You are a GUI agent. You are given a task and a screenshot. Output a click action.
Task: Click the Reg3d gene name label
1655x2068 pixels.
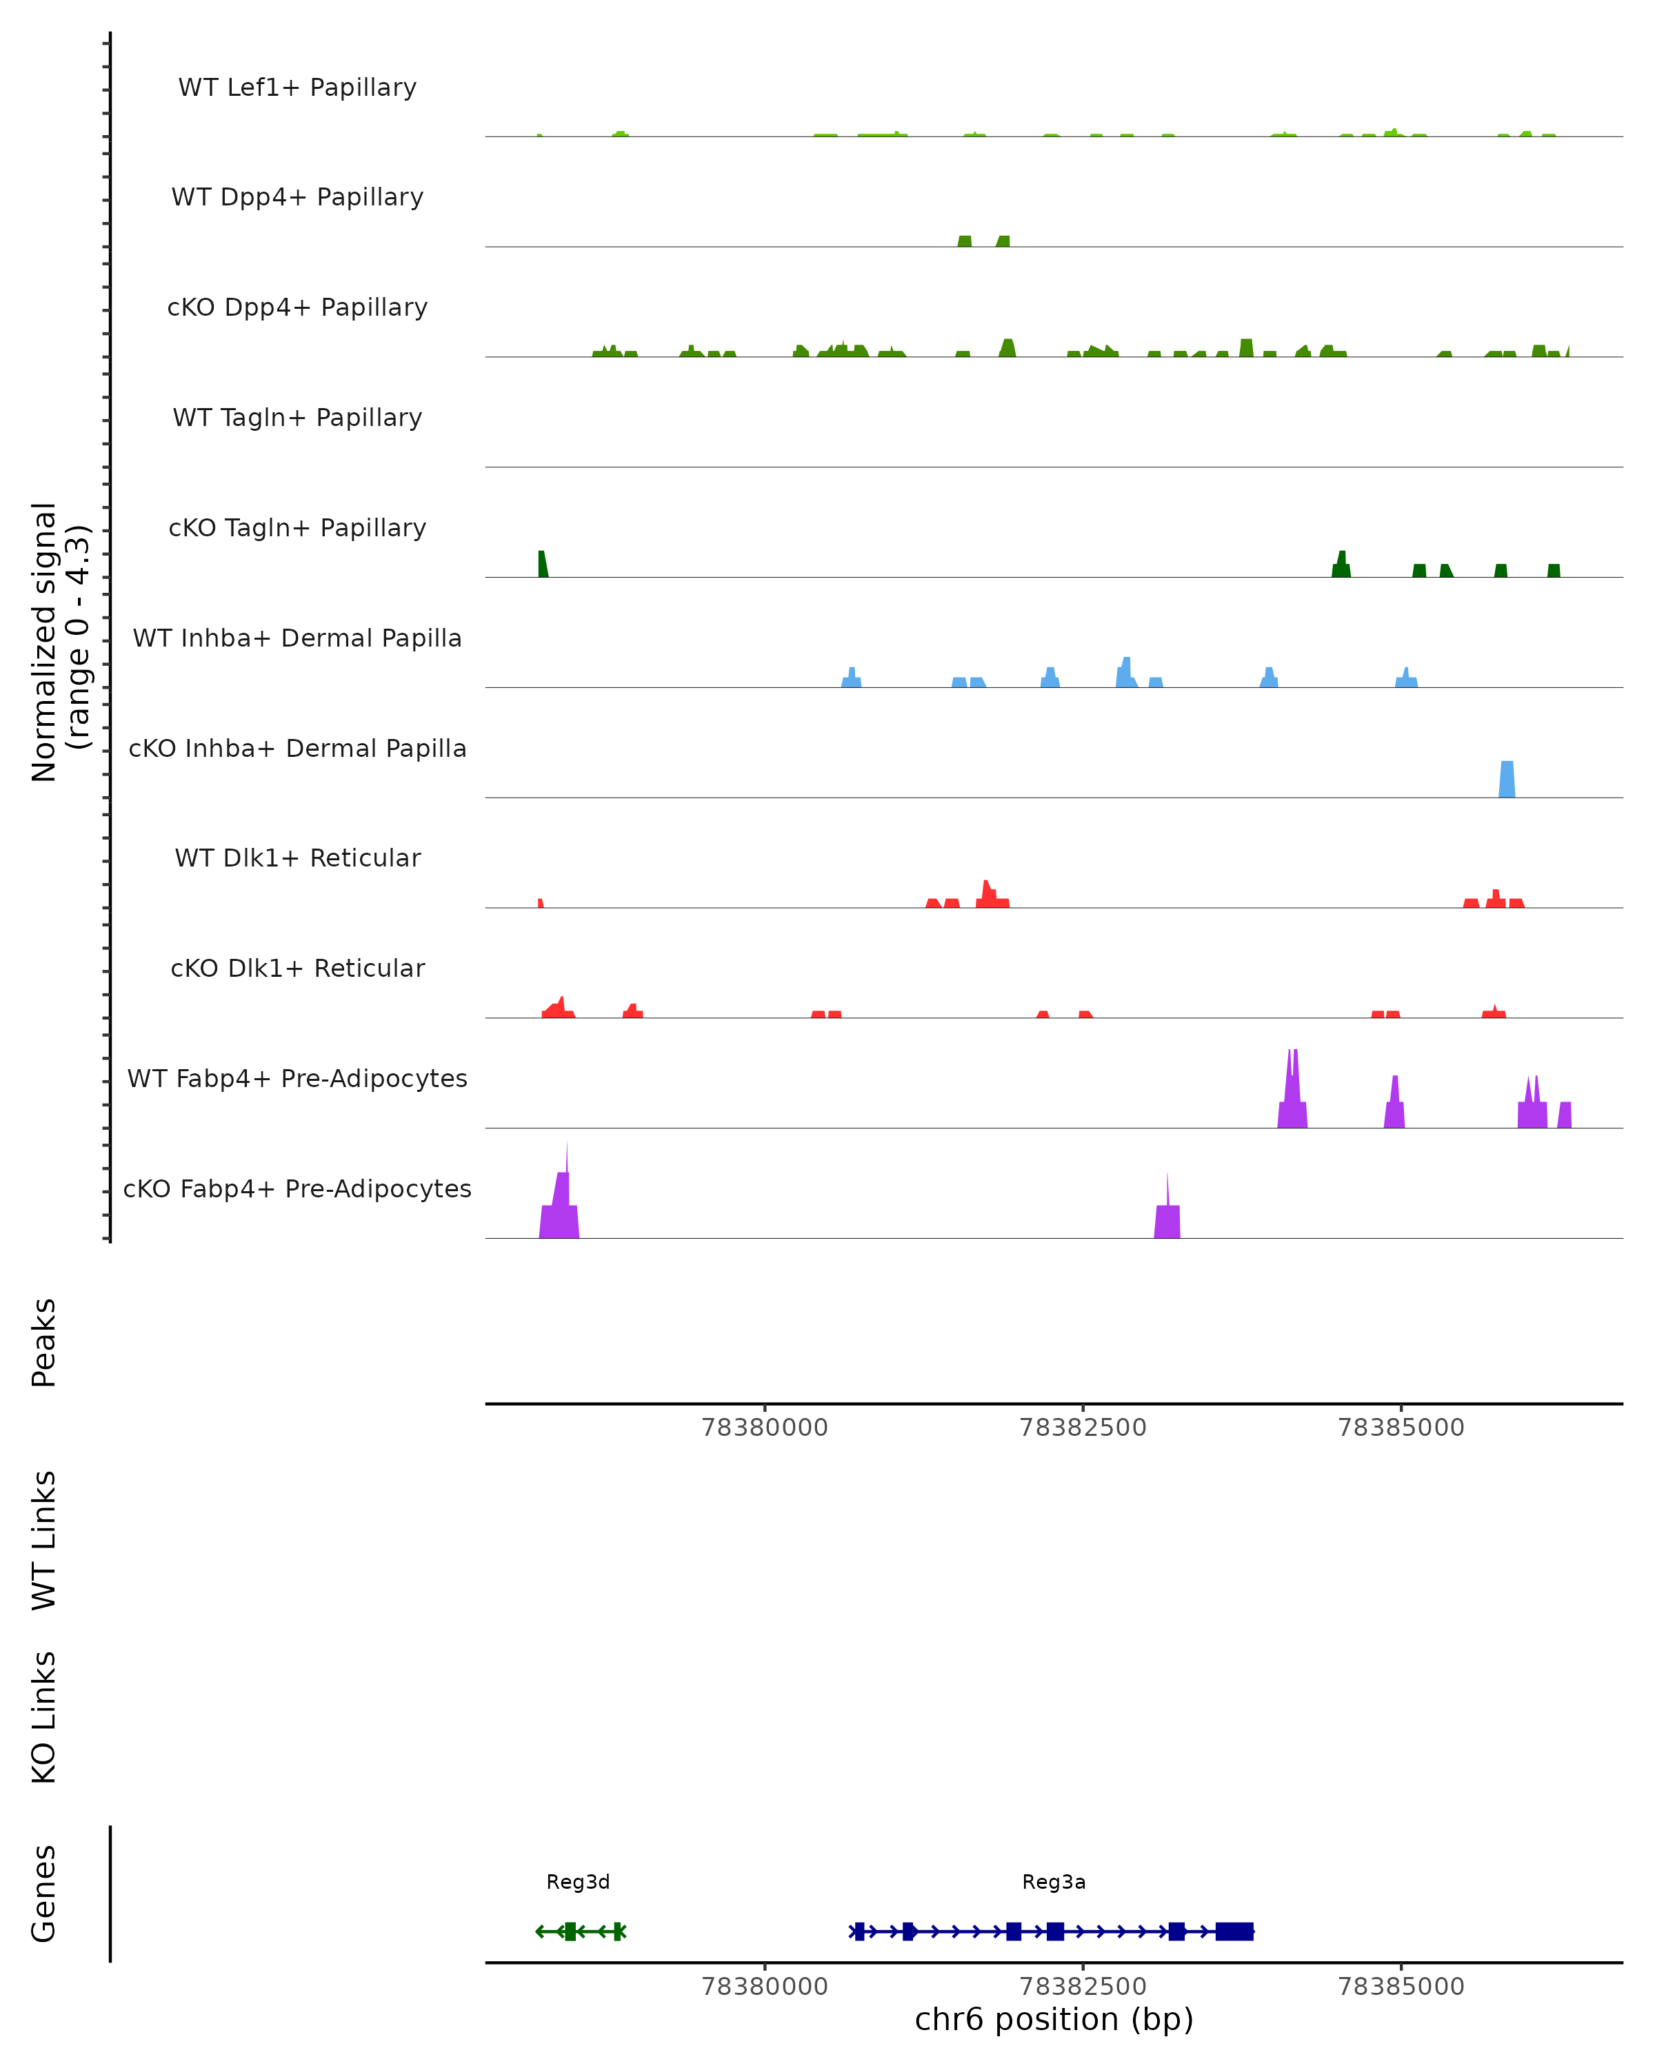pyautogui.click(x=578, y=1882)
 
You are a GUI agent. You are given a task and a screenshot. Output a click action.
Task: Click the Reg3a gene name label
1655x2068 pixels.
pyautogui.click(x=1054, y=1882)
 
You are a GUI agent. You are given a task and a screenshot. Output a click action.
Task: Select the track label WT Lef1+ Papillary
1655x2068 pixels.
pyautogui.click(x=297, y=88)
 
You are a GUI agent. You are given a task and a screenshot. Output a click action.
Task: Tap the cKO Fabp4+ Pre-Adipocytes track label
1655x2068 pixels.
pyautogui.click(x=297, y=1188)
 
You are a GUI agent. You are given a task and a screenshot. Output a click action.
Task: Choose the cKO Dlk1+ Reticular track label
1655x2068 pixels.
pyautogui.click(x=297, y=968)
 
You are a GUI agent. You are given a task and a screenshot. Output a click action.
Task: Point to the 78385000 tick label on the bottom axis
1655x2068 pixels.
pyautogui.click(x=1401, y=1987)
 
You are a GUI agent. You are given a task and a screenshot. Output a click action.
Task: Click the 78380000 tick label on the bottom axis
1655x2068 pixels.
pyautogui.click(x=765, y=1987)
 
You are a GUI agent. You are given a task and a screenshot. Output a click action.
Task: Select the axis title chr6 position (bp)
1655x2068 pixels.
pyautogui.click(x=1054, y=2020)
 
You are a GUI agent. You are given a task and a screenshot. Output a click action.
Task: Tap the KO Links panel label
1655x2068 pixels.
pyautogui.click(x=44, y=1717)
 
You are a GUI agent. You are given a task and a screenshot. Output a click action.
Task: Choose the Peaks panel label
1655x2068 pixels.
pyautogui.click(x=44, y=1342)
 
